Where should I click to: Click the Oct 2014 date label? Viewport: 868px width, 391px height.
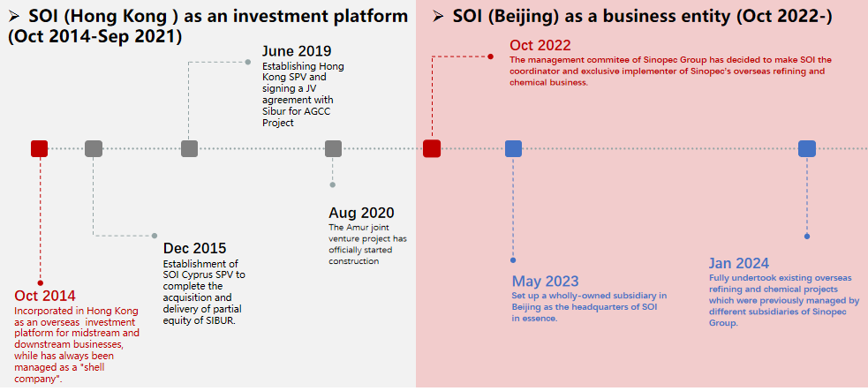tap(45, 296)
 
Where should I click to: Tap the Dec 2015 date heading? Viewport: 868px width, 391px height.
tap(195, 249)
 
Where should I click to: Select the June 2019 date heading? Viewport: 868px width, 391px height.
tap(297, 51)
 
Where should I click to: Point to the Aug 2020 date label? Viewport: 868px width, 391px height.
tap(361, 213)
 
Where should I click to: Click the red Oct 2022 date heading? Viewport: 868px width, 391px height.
tap(540, 45)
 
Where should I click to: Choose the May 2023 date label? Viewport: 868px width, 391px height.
tap(546, 281)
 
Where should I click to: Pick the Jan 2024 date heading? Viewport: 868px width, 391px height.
tap(739, 263)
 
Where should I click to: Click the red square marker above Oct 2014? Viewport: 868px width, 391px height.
tap(40, 149)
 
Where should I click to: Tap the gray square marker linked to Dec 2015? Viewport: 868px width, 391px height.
tap(94, 149)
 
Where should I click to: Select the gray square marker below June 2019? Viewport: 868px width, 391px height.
tap(189, 149)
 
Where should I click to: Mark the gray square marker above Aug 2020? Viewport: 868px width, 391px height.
tap(333, 149)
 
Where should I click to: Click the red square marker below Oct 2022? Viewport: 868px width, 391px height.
tap(432, 149)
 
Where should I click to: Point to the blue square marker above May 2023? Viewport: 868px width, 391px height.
tap(513, 149)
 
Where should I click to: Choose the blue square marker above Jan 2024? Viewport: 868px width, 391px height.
tap(806, 149)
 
